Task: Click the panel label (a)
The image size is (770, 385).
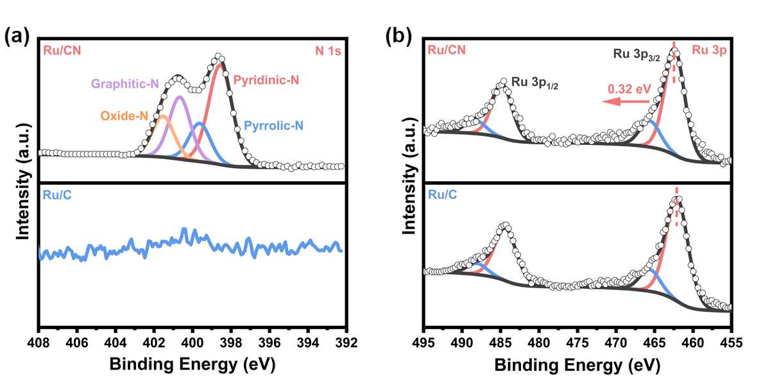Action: pos(17,37)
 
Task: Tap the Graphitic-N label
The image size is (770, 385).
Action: pos(125,83)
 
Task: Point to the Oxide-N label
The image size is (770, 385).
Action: pos(124,116)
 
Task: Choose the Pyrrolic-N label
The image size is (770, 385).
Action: pos(274,126)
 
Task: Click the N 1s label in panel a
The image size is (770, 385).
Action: pos(328,49)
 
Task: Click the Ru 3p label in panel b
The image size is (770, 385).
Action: pos(708,51)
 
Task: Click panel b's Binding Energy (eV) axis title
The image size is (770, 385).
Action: pos(577,364)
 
